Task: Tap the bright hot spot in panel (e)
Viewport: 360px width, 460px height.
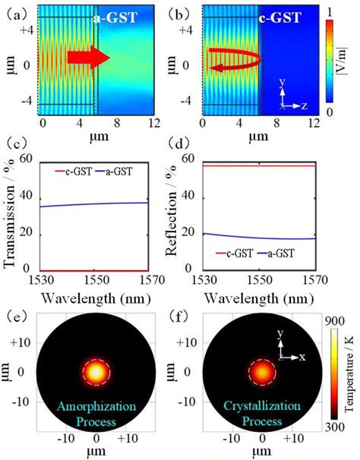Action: [x=96, y=372]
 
